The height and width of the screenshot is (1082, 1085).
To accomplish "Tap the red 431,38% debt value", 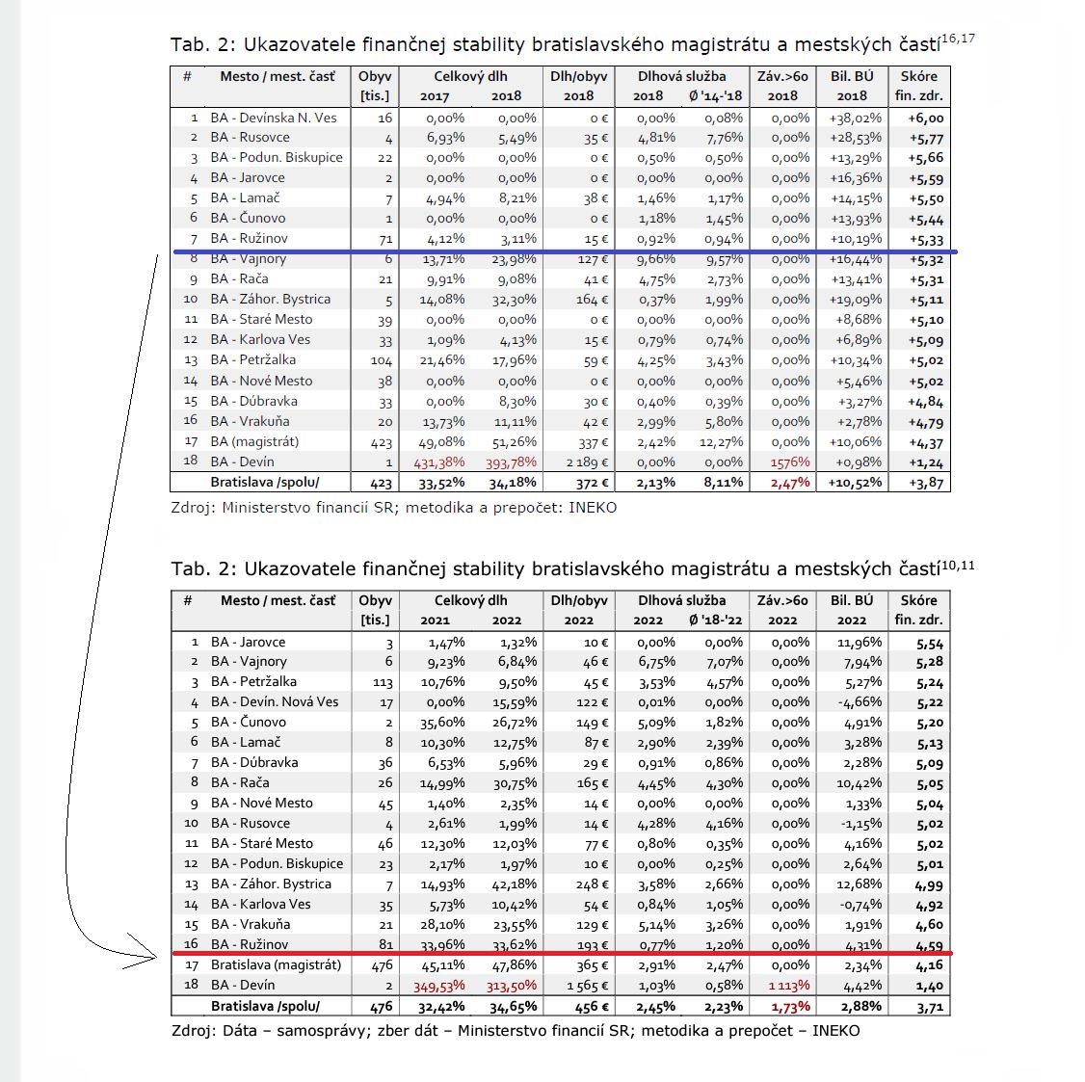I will pos(438,462).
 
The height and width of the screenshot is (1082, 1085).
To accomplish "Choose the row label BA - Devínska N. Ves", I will pos(274,118).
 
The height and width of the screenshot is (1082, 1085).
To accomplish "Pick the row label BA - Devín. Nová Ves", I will pos(275,701).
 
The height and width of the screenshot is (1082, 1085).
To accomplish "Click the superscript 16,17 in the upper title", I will pos(958,39).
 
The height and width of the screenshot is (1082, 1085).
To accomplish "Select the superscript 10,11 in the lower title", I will pos(958,565).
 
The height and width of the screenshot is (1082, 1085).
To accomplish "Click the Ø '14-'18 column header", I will pos(716,95).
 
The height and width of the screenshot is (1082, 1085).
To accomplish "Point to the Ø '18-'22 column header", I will pos(716,620).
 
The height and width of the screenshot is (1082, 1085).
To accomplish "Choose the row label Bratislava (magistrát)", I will pos(276,964).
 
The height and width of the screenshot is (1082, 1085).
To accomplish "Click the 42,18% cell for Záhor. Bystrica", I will pos(514,884).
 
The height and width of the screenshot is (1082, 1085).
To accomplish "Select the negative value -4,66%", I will pos(860,702).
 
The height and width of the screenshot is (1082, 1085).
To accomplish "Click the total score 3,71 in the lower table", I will pos(930,1007).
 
